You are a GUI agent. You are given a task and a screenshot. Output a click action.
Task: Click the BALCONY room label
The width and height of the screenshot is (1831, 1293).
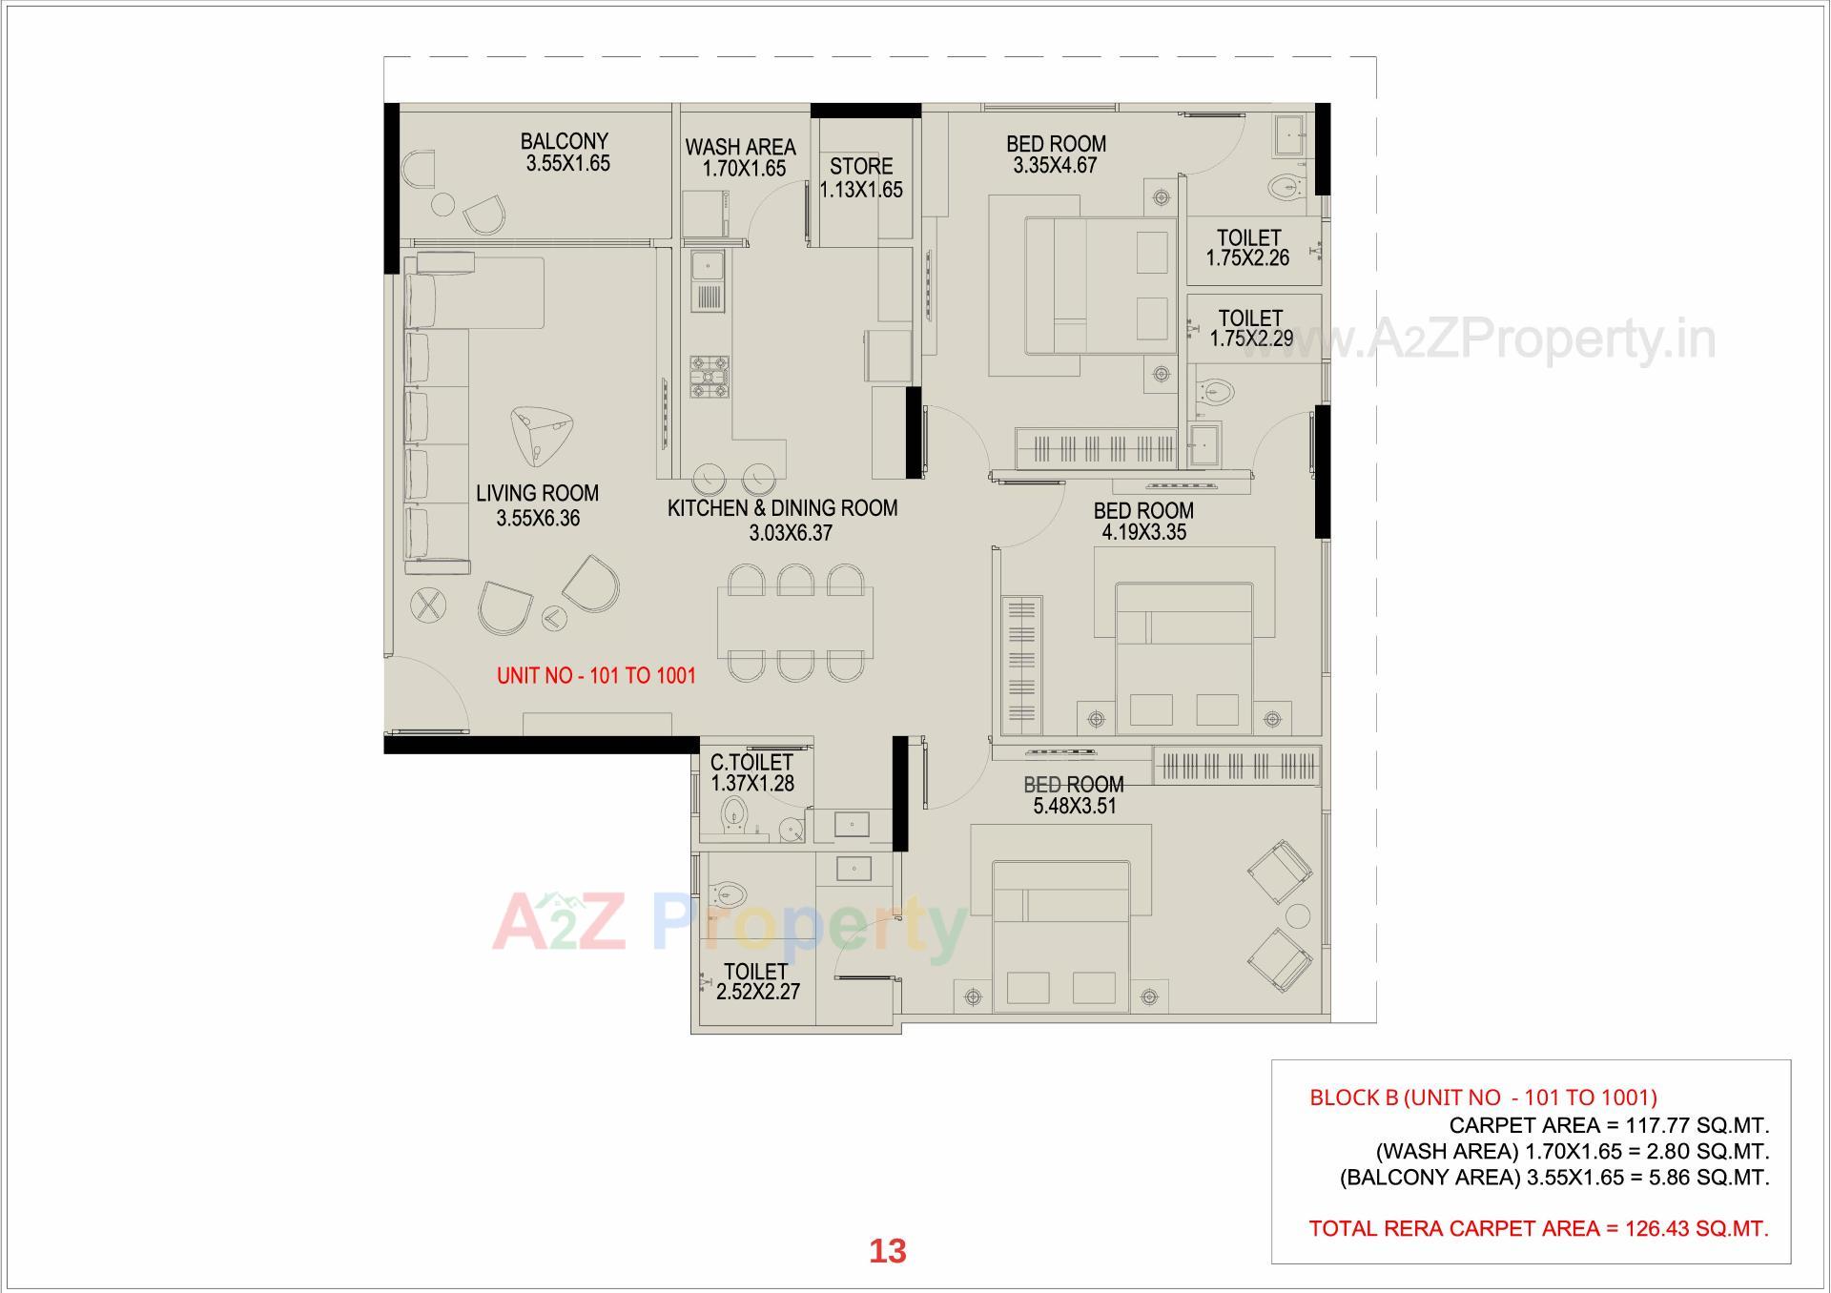coord(564,141)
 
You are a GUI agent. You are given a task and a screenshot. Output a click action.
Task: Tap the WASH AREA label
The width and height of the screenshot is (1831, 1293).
coord(740,147)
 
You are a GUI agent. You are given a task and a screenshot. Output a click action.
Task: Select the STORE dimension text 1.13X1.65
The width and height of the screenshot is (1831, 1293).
coord(861,190)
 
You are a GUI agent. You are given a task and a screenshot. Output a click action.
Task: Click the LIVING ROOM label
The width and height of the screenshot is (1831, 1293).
coord(537,493)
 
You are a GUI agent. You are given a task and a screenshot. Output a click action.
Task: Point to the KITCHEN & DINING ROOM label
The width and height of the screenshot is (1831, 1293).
coord(782,508)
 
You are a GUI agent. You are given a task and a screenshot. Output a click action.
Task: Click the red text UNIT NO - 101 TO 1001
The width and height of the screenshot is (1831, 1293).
coord(596,676)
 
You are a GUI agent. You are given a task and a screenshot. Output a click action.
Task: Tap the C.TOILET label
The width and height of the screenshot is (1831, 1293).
coord(751,762)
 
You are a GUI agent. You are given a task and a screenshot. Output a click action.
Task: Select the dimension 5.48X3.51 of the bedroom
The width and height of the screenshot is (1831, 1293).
coord(1075,807)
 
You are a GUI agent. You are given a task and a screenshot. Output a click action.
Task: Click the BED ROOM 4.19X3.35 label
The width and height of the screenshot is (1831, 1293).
coord(1143,521)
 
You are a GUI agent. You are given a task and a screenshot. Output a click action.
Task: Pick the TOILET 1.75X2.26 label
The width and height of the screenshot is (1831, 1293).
coord(1247,247)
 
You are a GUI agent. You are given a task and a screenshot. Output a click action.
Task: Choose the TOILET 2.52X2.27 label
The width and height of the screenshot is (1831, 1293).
coord(757,981)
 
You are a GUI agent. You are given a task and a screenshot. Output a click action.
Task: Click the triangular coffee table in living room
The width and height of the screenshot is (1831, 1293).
coord(535,434)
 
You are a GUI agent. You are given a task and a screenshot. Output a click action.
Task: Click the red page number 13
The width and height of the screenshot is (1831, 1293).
coord(887,1251)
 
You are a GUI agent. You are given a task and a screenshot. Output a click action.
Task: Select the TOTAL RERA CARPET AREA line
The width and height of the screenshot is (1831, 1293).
coord(1538,1228)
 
